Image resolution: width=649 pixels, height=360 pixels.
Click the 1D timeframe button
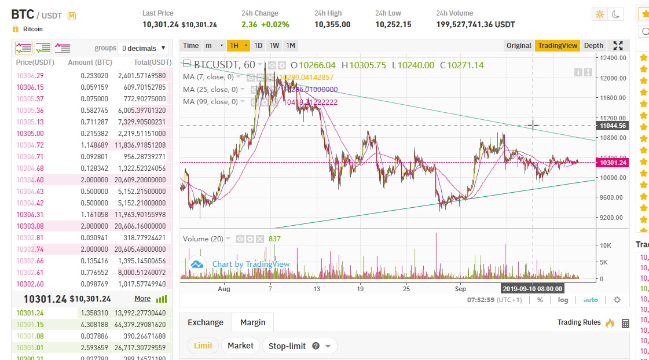pyautogui.click(x=258, y=46)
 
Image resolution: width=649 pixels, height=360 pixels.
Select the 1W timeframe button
pyautogui.click(x=274, y=46)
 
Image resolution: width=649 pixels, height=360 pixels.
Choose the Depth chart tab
pyautogui.click(x=593, y=46)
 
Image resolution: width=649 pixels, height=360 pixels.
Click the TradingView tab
pyautogui.click(x=557, y=46)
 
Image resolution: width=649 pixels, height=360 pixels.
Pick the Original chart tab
pyautogui.click(x=518, y=46)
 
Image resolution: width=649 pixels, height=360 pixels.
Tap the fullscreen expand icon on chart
pyautogui.click(x=618, y=46)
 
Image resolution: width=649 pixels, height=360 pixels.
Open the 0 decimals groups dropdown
pyautogui.click(x=144, y=48)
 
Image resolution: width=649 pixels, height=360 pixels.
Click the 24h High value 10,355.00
pyautogui.click(x=332, y=24)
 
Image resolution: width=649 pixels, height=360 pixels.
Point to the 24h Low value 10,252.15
pyautogui.click(x=393, y=24)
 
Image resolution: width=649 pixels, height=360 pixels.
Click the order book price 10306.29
pyautogui.click(x=30, y=75)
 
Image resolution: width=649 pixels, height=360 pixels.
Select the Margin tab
pyautogui.click(x=252, y=322)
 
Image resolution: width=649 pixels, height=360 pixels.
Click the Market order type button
pyautogui.click(x=240, y=346)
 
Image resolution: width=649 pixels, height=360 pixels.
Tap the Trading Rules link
pyautogui.click(x=579, y=322)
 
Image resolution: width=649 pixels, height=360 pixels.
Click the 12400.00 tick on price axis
pyautogui.click(x=613, y=58)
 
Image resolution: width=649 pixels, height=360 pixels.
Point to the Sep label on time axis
pyautogui.click(x=460, y=288)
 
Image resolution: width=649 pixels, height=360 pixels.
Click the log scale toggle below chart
pyautogui.click(x=563, y=300)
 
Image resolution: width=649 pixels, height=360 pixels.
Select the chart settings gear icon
pyautogui.click(x=617, y=300)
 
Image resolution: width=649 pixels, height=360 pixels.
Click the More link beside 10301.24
pyautogui.click(x=142, y=299)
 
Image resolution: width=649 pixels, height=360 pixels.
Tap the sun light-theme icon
pyautogui.click(x=599, y=14)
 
